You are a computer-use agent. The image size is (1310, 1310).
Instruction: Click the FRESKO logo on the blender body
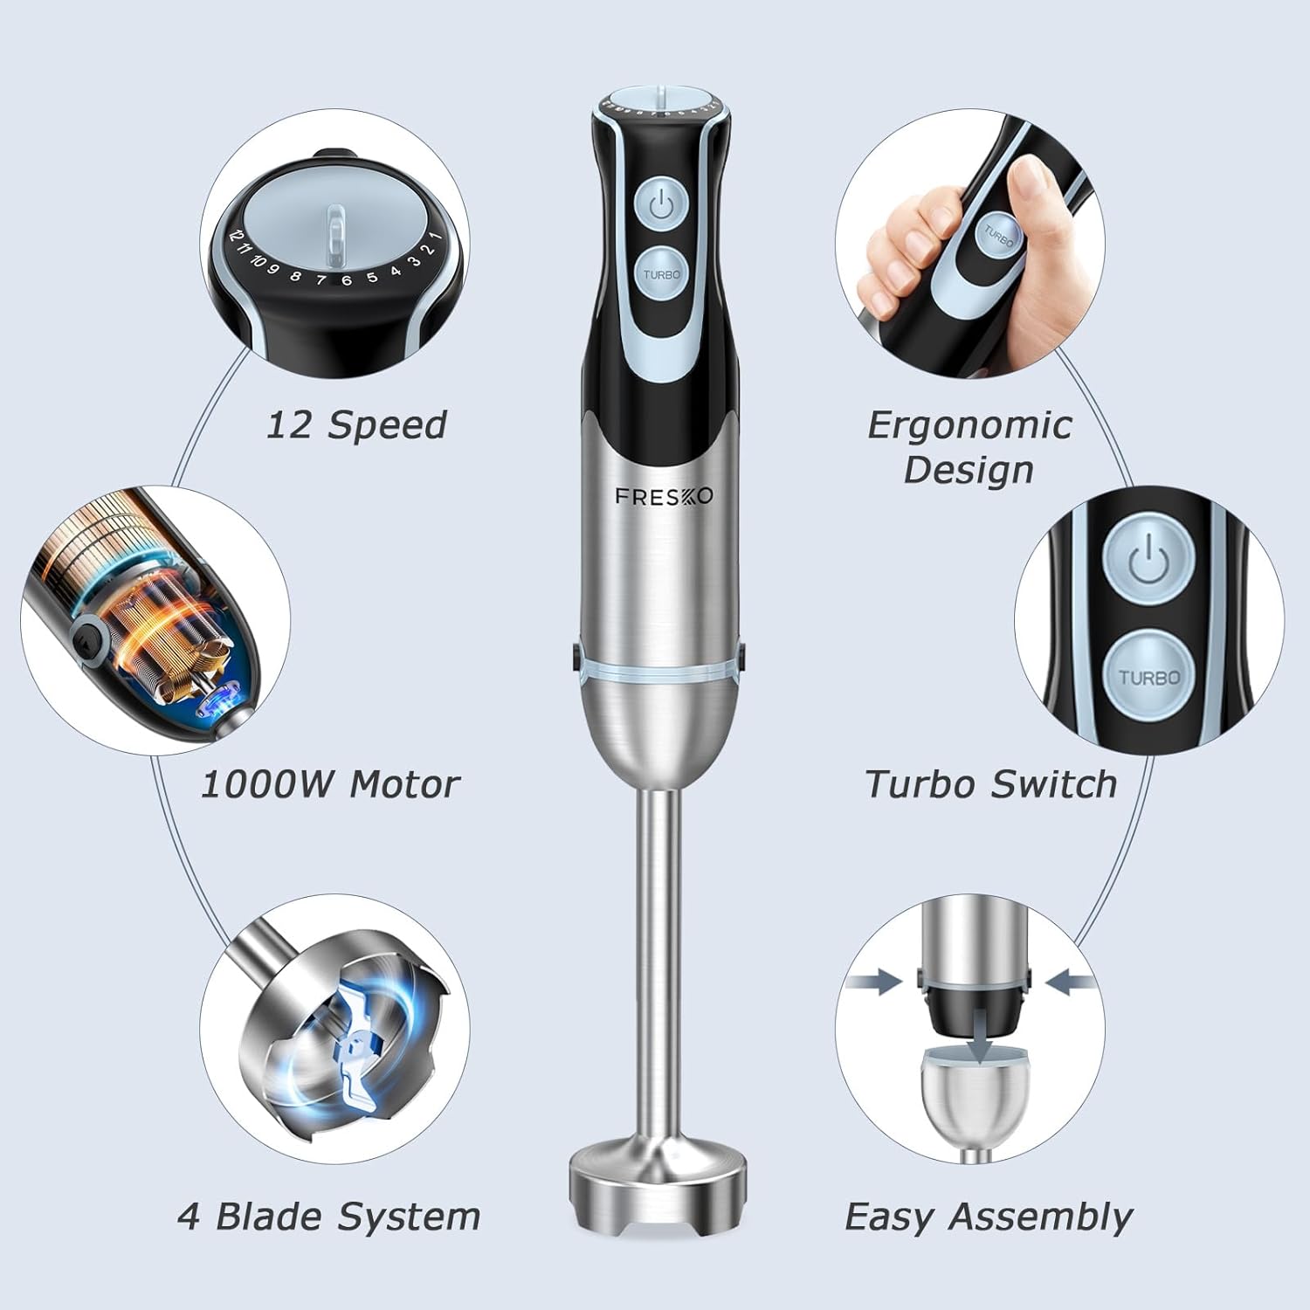point(664,496)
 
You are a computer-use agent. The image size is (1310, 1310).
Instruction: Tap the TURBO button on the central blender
point(661,274)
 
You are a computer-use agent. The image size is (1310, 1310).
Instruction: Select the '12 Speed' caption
point(356,425)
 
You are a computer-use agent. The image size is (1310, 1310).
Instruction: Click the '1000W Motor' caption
point(330,784)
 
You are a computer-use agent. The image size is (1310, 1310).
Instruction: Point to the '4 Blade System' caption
point(329,1217)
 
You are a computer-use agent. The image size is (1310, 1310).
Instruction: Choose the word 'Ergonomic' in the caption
point(969,425)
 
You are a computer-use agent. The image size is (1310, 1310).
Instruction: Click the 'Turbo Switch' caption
point(991,784)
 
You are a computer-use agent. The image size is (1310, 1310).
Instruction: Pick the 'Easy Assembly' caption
point(989,1217)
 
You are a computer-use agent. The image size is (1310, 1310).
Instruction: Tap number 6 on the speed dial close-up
point(347,280)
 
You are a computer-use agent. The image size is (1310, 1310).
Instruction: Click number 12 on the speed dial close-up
point(234,235)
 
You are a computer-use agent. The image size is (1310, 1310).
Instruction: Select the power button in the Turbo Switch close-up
point(1148,561)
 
